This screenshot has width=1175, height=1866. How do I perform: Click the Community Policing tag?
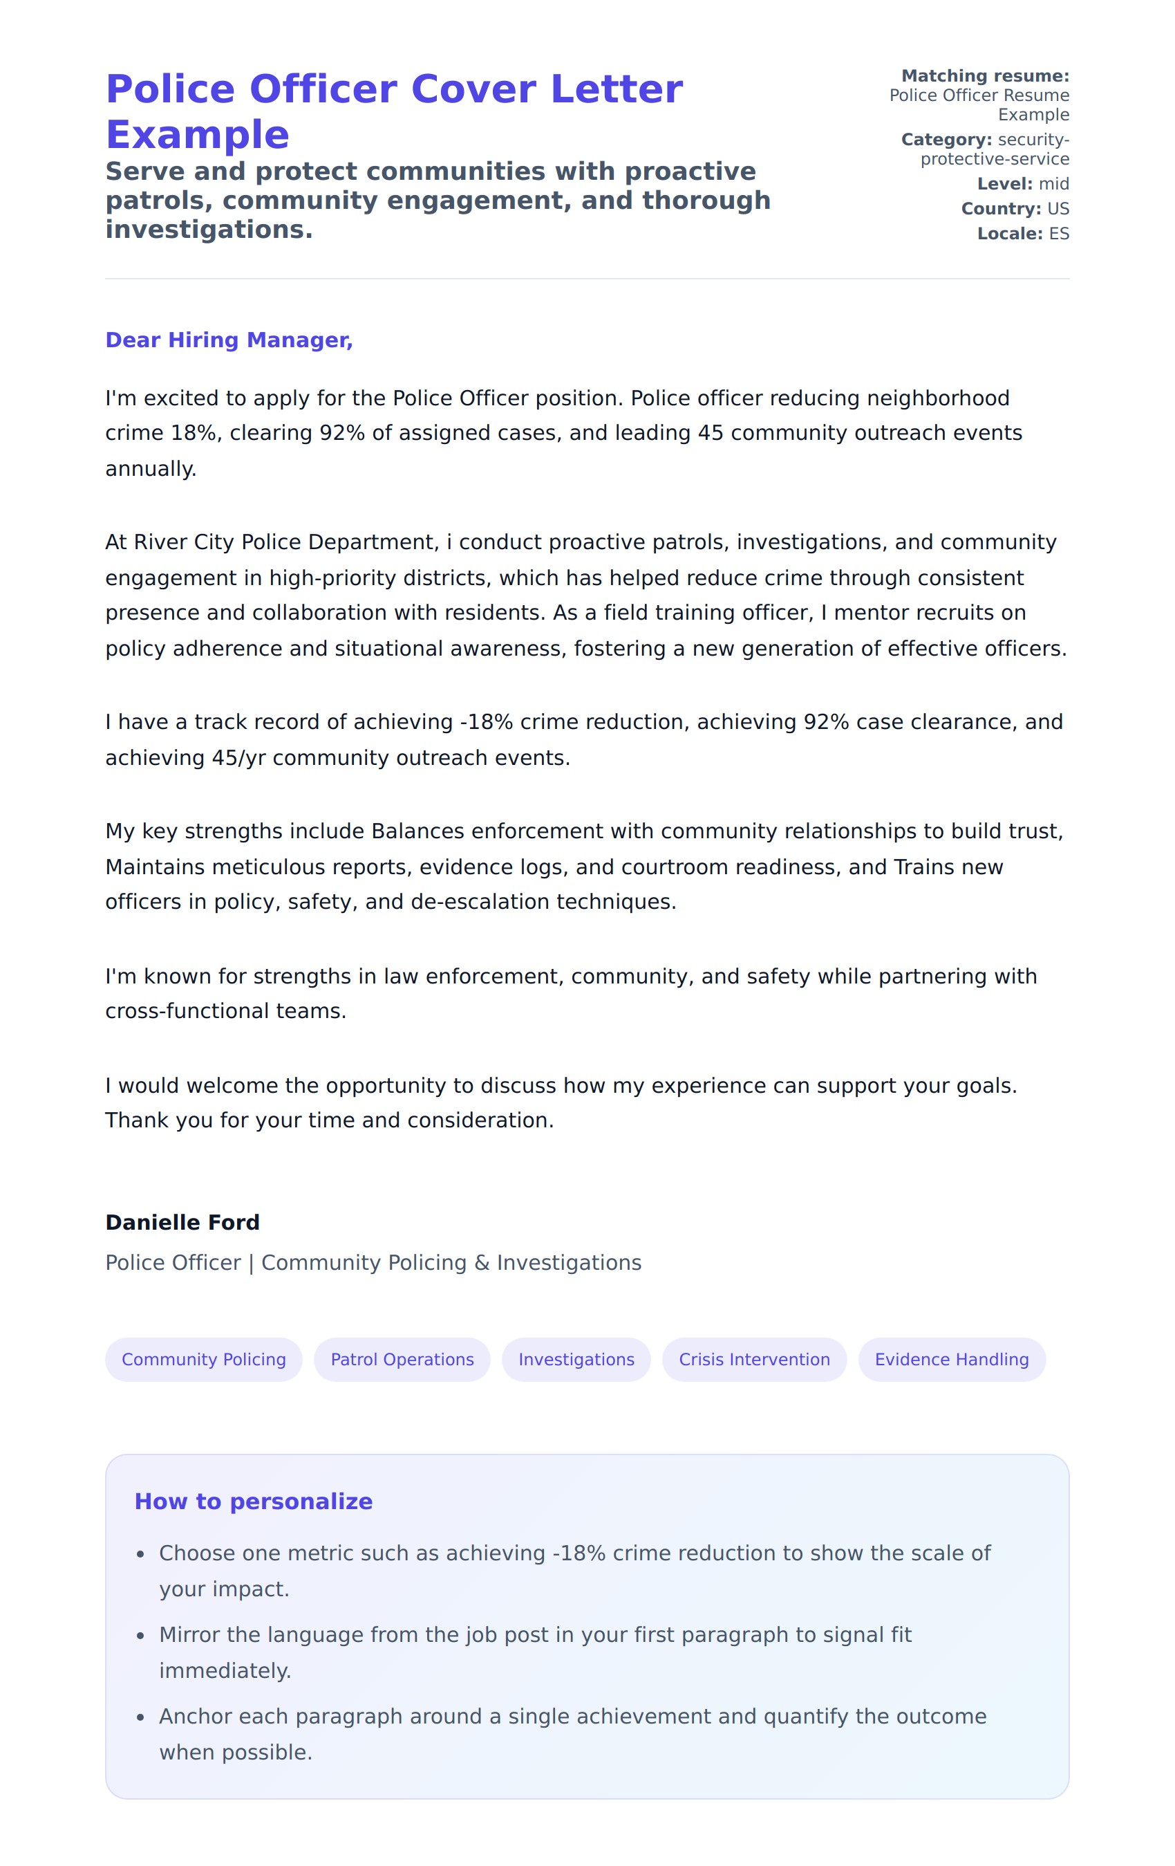[x=204, y=1359]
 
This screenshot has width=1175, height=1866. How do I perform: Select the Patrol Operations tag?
[x=402, y=1359]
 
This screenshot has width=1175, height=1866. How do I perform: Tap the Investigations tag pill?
[x=576, y=1359]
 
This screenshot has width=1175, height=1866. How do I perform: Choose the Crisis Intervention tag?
[x=754, y=1359]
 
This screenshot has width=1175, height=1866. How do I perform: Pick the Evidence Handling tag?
[x=951, y=1359]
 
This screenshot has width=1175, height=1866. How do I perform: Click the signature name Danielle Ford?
[x=182, y=1222]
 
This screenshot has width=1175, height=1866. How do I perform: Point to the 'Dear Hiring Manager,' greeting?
[x=229, y=340]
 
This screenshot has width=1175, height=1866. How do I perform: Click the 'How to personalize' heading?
[x=253, y=1501]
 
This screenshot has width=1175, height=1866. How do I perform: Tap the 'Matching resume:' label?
[x=984, y=76]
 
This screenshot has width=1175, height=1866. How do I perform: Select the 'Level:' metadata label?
[x=1004, y=184]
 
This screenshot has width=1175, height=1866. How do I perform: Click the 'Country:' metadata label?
[x=1001, y=208]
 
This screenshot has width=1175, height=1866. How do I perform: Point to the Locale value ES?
[x=1059, y=233]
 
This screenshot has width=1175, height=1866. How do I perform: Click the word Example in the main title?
[x=198, y=135]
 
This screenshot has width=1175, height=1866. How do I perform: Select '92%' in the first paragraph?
[x=341, y=432]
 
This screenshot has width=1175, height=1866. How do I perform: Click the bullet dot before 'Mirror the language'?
[x=140, y=1636]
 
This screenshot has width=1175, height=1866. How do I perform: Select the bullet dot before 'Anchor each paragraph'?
[x=140, y=1717]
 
